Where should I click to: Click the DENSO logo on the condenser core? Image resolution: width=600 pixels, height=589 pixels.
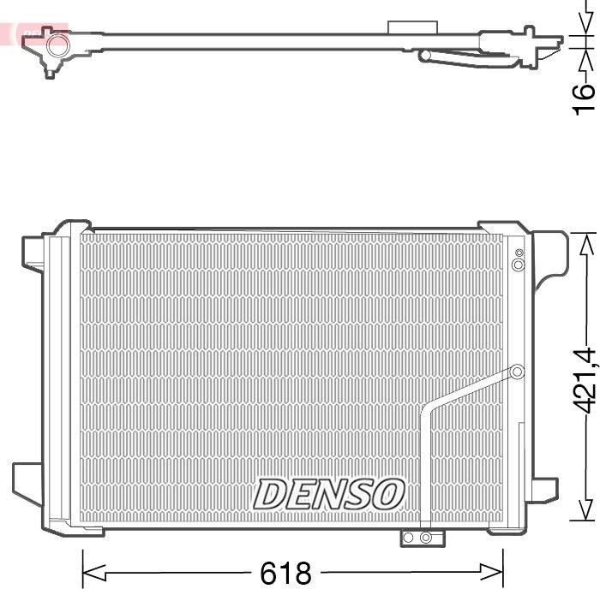click(329, 494)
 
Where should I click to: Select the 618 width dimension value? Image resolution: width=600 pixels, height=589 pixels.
click(286, 572)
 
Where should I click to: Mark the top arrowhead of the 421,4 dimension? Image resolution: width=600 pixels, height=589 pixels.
click(585, 243)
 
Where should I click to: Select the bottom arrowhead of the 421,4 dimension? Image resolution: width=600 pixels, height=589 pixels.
click(585, 510)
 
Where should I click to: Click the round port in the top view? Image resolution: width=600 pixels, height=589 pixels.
click(57, 45)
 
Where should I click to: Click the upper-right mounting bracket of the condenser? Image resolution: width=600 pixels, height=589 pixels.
click(549, 253)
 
